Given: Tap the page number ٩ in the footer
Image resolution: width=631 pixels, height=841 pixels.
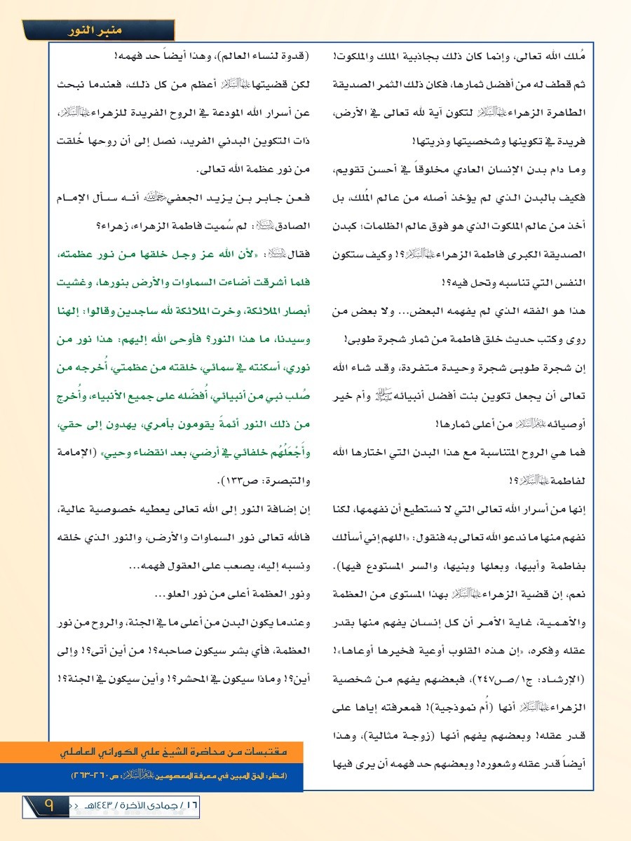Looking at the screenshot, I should tap(49, 805).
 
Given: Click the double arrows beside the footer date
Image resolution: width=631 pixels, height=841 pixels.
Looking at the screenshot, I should tap(70, 805).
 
